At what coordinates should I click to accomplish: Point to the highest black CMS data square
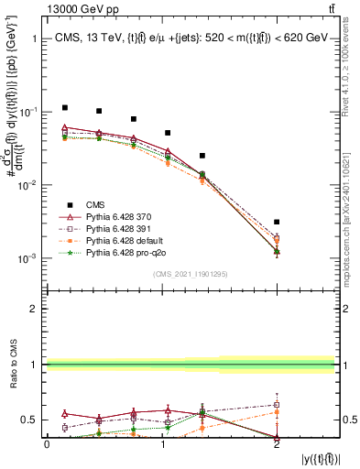point(64,108)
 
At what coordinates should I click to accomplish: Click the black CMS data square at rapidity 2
point(277,222)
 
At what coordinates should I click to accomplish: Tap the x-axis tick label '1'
point(161,444)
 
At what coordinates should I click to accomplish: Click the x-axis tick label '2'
point(277,444)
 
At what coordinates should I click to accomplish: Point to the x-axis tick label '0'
point(47,444)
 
